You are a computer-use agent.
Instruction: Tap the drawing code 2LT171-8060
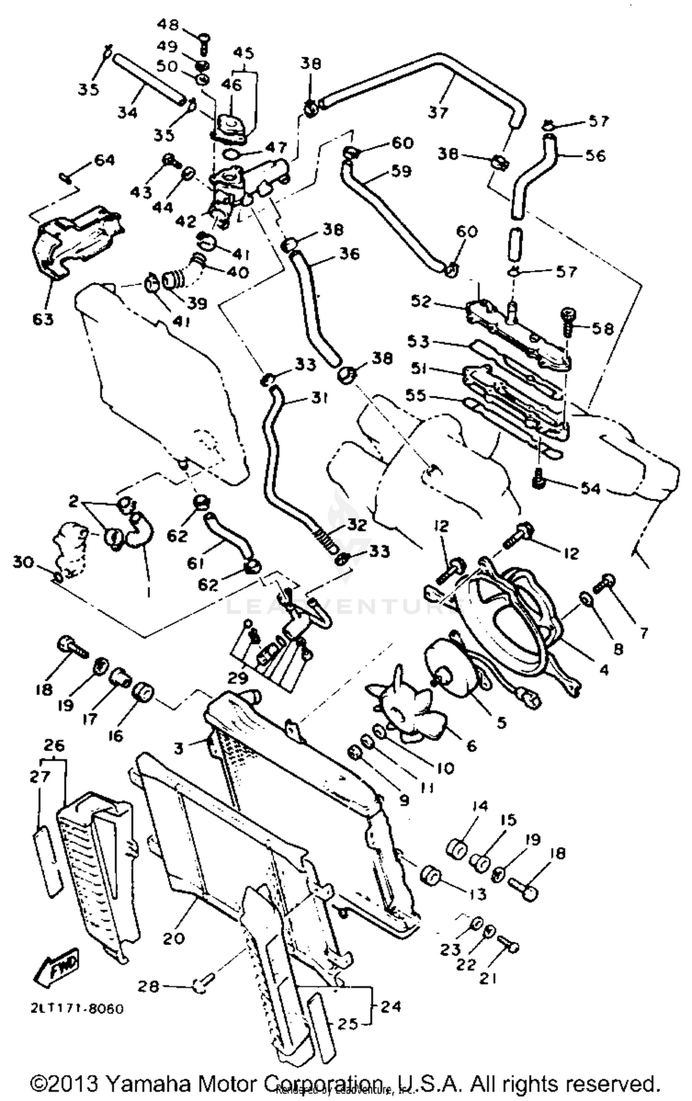[78, 1009]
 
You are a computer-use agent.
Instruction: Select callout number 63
[43, 319]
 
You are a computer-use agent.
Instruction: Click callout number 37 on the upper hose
[438, 112]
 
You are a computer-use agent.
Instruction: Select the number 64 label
[104, 160]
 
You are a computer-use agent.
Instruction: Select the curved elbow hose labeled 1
[138, 535]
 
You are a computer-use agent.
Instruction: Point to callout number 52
[421, 301]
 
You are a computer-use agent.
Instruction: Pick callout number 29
[238, 678]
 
